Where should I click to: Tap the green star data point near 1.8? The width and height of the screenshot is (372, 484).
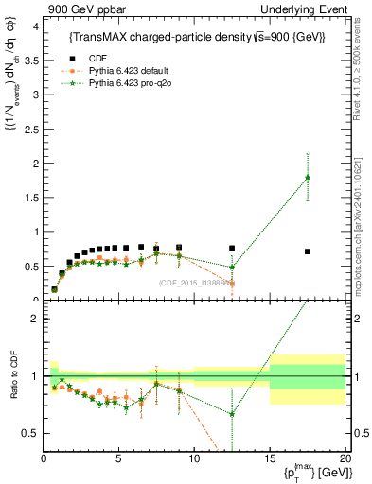point(308,178)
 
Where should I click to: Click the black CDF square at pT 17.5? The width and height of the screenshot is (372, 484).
point(308,251)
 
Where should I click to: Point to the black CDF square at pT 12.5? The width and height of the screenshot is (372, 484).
point(232,249)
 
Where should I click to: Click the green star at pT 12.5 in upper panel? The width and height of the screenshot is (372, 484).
point(232,267)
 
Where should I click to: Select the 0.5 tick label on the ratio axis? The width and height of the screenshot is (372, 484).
point(31,433)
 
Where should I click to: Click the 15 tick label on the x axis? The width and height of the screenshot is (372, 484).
point(270,458)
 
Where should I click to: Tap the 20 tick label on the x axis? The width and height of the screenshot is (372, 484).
point(345,458)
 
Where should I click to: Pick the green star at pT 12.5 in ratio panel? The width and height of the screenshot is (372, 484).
point(232,414)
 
